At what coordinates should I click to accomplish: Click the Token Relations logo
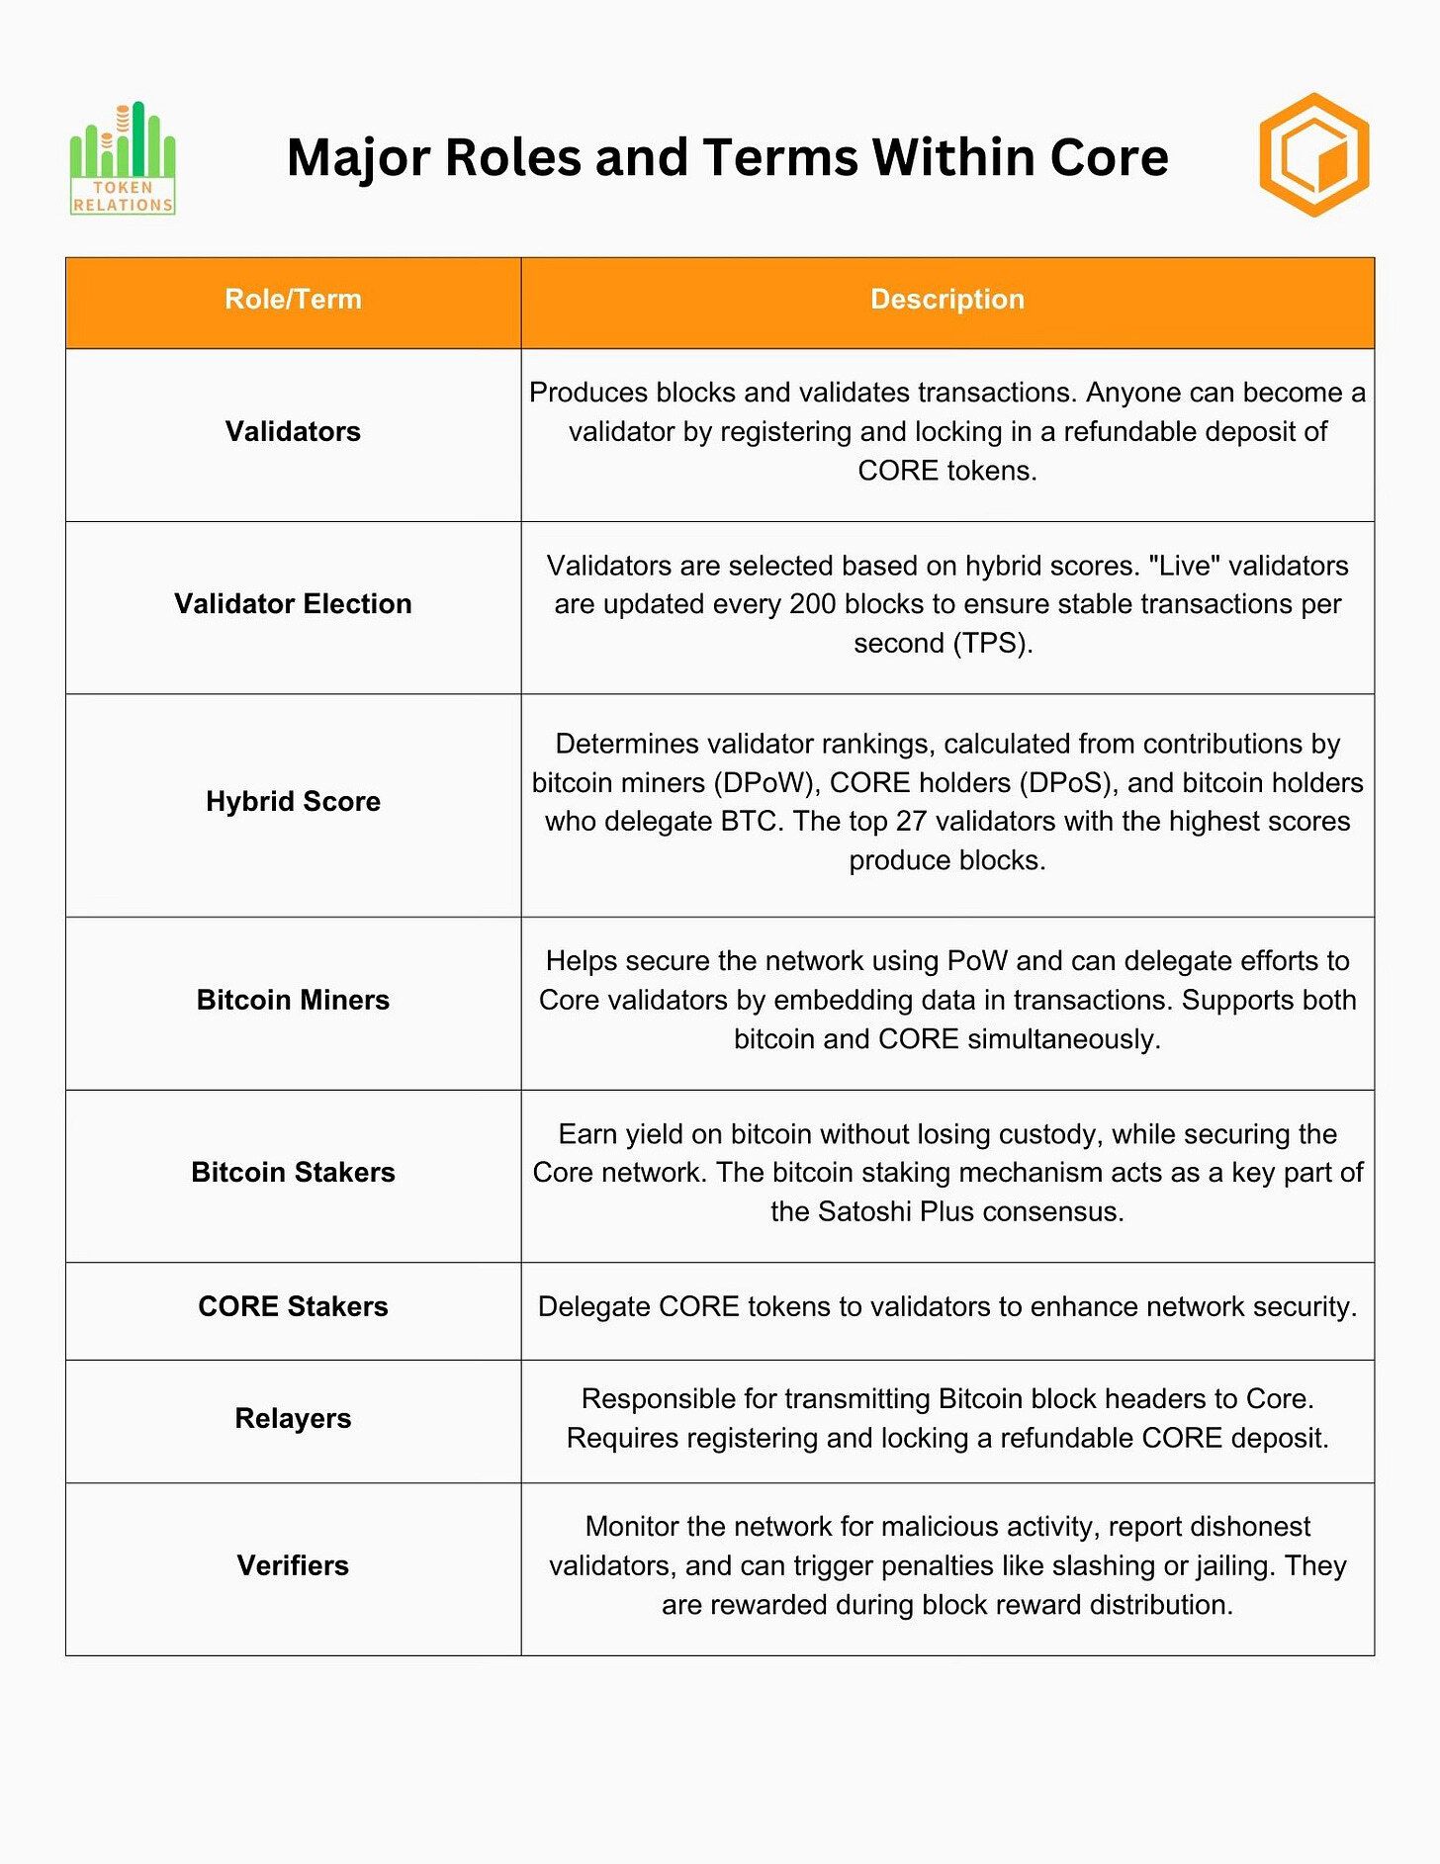[123, 158]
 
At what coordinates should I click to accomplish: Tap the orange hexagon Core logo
[1313, 155]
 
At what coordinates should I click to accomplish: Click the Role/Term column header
[293, 300]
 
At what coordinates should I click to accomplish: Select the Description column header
[946, 300]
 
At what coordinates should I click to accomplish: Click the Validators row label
[293, 432]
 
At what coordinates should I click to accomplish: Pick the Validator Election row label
[293, 604]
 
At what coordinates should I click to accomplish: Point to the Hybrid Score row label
[293, 802]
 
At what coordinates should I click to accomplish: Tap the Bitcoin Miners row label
[293, 1001]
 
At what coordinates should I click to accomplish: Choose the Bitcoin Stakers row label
[293, 1173]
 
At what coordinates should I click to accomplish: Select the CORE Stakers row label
[293, 1307]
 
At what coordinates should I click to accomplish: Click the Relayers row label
[293, 1419]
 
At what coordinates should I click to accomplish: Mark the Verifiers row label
[293, 1566]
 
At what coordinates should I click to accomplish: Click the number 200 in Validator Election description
[812, 604]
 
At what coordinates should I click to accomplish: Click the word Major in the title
[357, 158]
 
